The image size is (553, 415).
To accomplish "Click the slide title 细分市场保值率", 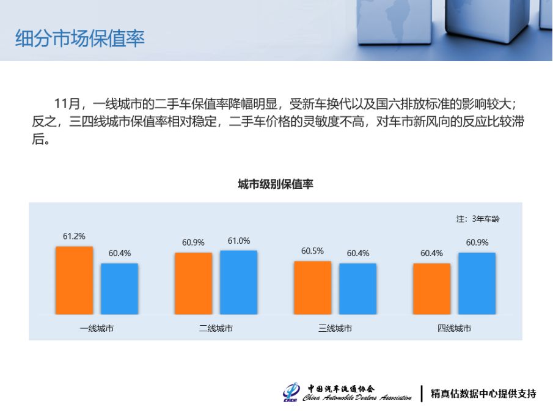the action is [x=79, y=39].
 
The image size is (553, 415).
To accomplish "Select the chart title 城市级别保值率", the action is [x=276, y=184].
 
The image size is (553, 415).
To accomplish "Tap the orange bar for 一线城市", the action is [x=74, y=280].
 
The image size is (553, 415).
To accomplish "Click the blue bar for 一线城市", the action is [x=120, y=288].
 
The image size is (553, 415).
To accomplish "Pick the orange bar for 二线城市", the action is [x=193, y=284].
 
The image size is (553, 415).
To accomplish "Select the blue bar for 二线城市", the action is [x=239, y=282].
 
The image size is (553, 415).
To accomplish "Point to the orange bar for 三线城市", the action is [x=312, y=288].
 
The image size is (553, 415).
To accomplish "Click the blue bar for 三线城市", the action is [x=358, y=288].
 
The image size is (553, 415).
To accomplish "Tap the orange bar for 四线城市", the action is [x=431, y=288].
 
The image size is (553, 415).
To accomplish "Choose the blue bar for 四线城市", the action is [x=477, y=284].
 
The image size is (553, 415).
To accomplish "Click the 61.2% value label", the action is [x=74, y=236].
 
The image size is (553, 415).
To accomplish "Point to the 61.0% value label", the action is [x=239, y=241].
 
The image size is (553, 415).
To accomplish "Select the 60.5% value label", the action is [x=312, y=251].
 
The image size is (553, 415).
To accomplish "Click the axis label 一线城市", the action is [x=97, y=328].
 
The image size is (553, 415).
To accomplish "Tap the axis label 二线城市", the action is [x=216, y=328].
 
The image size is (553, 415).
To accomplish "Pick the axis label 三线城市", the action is [x=335, y=328].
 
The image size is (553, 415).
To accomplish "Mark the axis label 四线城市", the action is [x=454, y=328].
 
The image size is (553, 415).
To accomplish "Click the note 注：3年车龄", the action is [x=478, y=219].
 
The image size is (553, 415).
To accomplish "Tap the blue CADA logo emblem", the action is [x=291, y=392].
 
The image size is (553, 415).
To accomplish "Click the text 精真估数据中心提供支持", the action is [x=483, y=394].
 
